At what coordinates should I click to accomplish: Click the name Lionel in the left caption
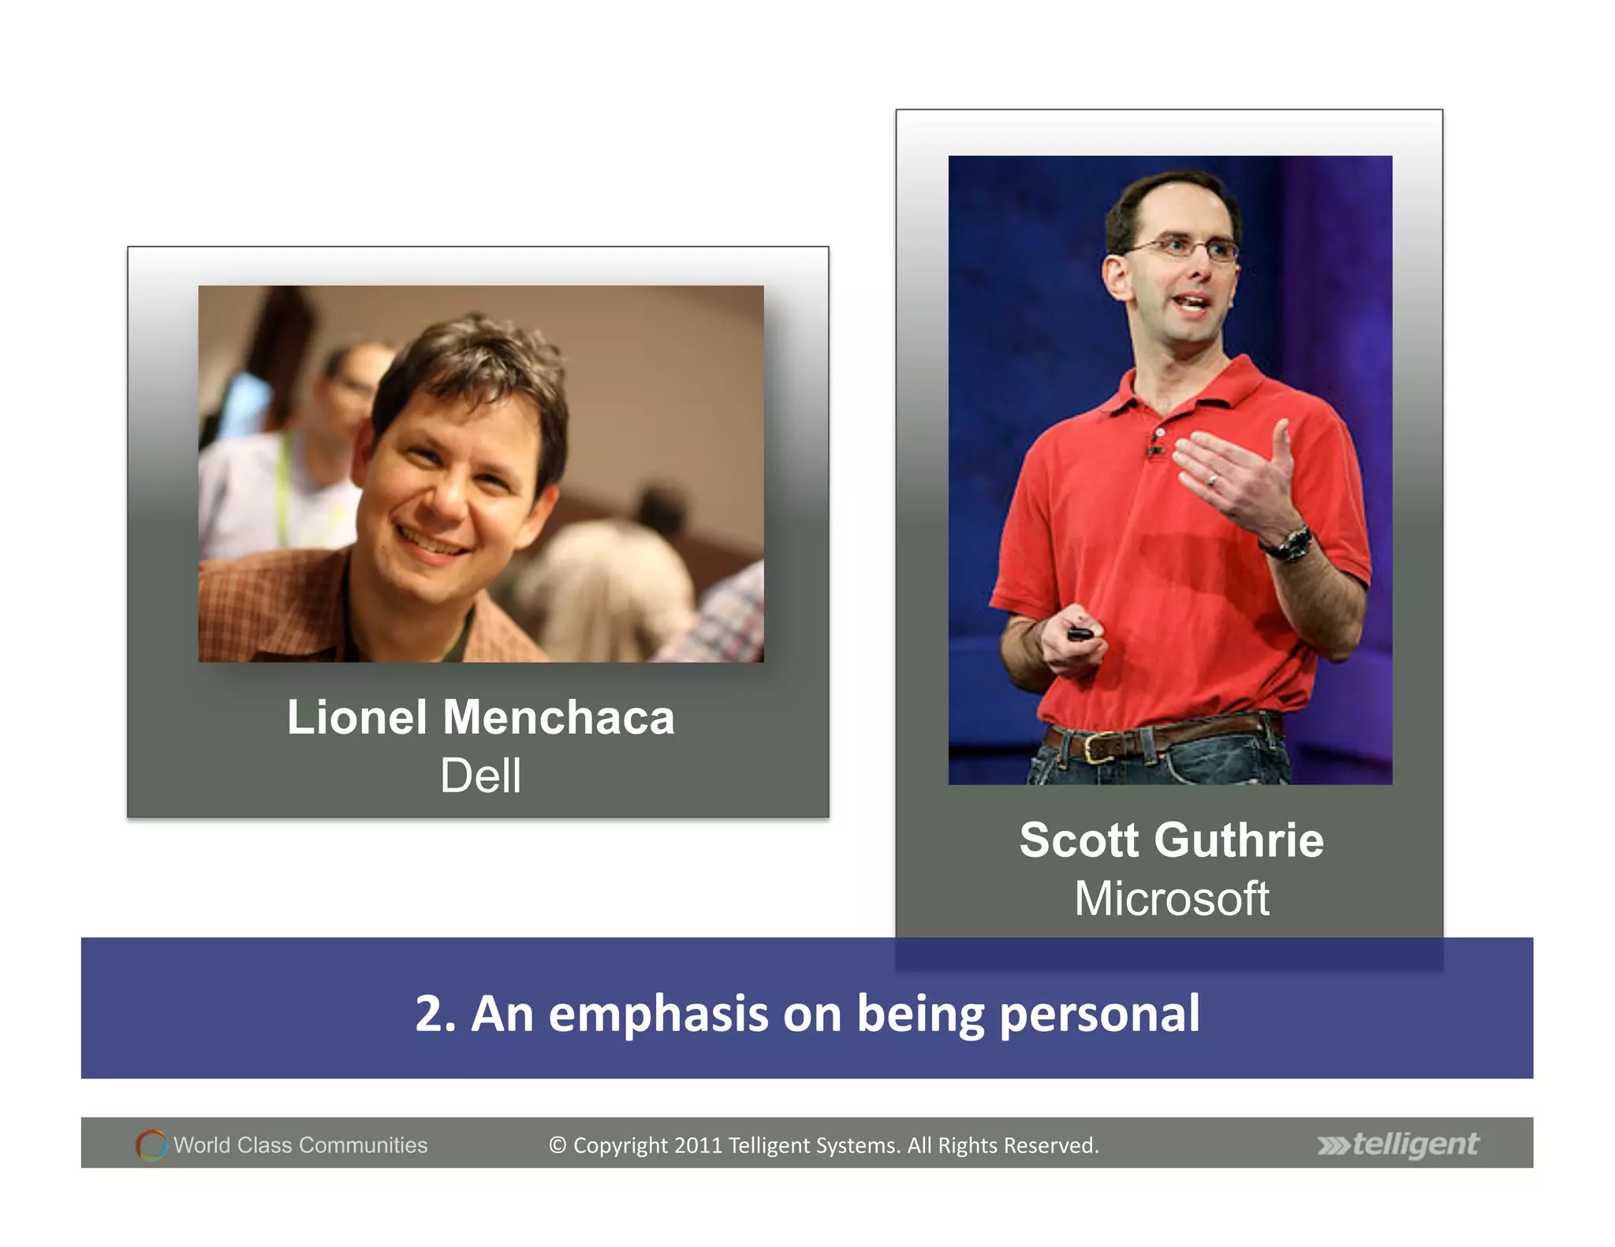(356, 718)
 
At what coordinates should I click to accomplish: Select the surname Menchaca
(558, 718)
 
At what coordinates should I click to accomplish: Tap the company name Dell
(480, 776)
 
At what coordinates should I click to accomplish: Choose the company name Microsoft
(1172, 899)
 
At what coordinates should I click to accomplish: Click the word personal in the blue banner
(1099, 1014)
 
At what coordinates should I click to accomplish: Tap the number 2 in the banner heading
(431, 1014)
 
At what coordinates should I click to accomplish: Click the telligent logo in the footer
(1398, 1145)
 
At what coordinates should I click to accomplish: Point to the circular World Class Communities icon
(151, 1145)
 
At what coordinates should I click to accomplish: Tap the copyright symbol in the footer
(558, 1145)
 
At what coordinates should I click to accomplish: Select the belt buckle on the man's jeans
(1095, 746)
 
